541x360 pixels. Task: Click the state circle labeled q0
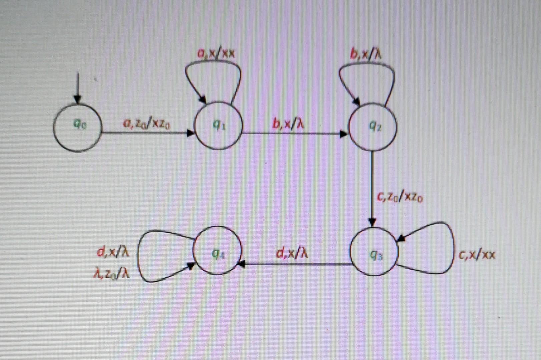(77, 127)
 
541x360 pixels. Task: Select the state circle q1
(218, 125)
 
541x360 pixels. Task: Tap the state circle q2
(373, 127)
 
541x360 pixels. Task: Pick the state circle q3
(374, 252)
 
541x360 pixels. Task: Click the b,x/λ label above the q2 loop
(366, 53)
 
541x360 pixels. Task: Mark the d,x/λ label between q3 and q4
(292, 253)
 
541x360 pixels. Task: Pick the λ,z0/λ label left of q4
(111, 274)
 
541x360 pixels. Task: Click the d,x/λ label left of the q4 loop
(113, 252)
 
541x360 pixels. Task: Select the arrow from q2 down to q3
(372, 187)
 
